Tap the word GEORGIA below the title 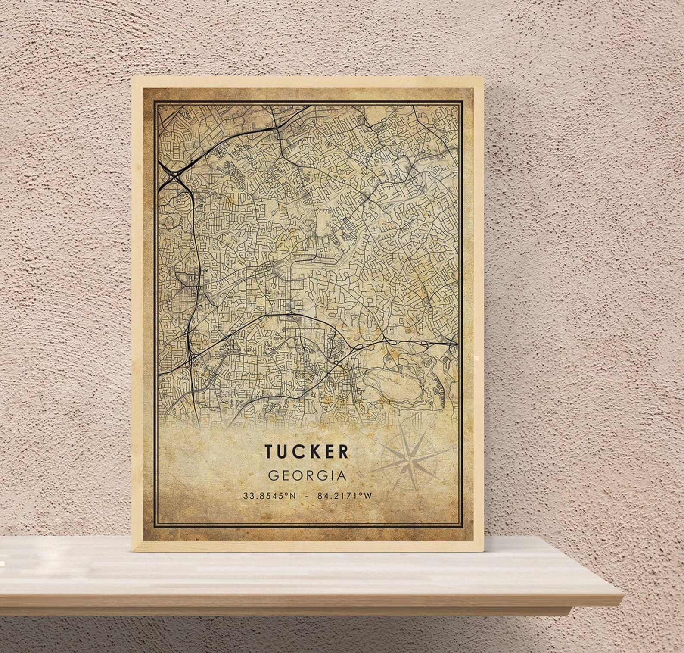tap(307, 476)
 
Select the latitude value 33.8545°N tap(270, 496)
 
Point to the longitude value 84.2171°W tap(344, 496)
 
